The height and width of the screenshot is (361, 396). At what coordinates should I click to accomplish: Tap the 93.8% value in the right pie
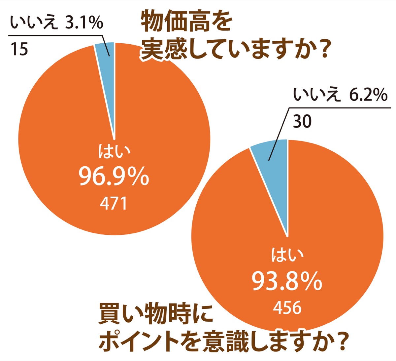coord(287,281)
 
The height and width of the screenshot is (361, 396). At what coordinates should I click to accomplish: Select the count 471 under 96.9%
coord(114,203)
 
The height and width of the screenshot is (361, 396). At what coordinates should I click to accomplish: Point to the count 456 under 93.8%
coord(287,307)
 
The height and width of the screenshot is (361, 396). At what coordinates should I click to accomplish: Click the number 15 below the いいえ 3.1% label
coord(19,50)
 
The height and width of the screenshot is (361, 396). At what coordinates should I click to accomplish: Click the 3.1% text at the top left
coord(84,23)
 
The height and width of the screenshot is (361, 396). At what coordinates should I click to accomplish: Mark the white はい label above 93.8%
coord(287,255)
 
